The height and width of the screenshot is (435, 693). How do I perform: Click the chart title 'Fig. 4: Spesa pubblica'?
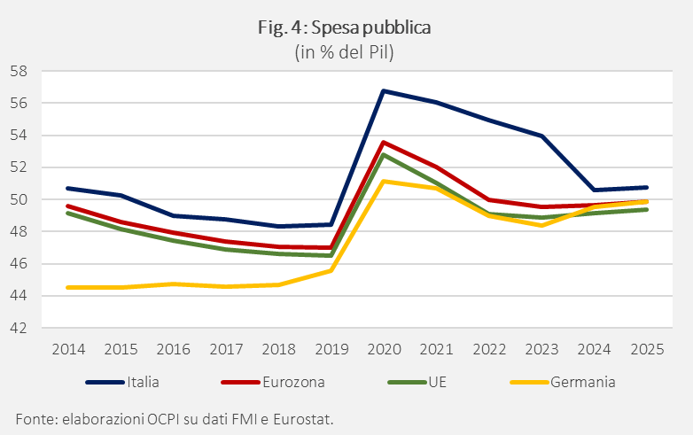pos(345,27)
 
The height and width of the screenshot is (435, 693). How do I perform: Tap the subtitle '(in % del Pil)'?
pos(345,52)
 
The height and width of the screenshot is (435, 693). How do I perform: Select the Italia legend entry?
pos(122,382)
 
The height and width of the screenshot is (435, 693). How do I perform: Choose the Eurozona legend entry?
pos(273,382)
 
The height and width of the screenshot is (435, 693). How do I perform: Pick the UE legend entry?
pos(417,382)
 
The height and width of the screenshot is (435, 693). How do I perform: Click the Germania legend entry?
pos(563,382)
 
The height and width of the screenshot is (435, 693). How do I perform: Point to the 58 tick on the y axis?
pos(19,71)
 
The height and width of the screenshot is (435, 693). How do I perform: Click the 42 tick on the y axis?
pos(19,328)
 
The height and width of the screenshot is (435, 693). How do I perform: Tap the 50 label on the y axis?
pos(19,199)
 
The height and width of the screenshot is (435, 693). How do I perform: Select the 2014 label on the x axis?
pos(68,349)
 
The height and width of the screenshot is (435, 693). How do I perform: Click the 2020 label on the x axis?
pos(384,349)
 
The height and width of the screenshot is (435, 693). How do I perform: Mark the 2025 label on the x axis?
pos(647,349)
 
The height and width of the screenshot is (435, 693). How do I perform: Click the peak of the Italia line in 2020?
pos(384,91)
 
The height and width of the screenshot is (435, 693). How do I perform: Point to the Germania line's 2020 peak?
pos(384,181)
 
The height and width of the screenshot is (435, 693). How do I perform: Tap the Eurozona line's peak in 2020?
pos(384,143)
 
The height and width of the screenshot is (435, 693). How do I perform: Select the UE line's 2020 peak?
pos(384,154)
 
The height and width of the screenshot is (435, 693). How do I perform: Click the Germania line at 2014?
pos(68,288)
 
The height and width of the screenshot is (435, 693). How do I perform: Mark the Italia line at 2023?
pos(541,136)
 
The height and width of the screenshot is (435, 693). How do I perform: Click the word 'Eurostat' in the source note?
pos(302,419)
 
